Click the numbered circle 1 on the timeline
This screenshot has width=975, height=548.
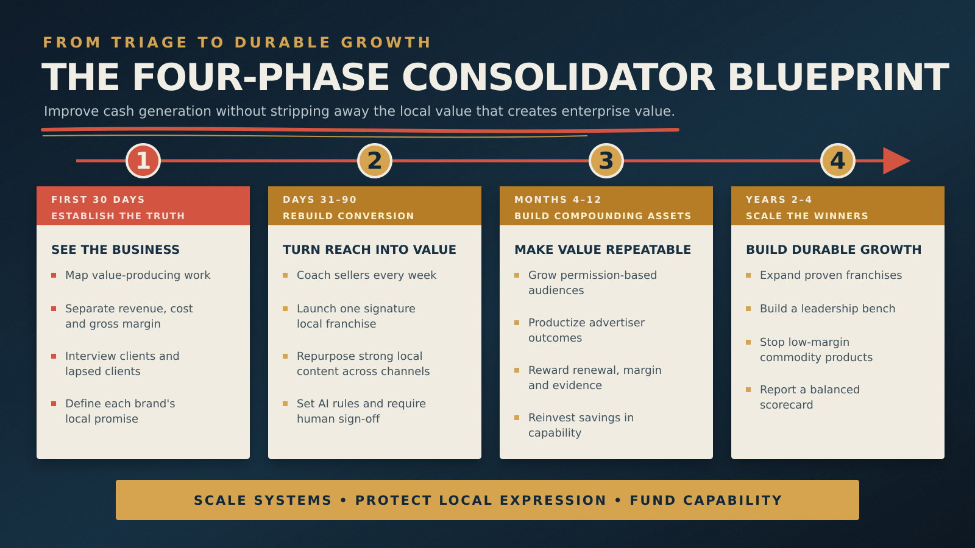143,161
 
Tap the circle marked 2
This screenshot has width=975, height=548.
375,161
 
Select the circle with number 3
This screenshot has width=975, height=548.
606,161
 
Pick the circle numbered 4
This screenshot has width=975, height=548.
838,161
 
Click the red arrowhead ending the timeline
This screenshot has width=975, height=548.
896,161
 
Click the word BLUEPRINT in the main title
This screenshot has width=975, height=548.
838,77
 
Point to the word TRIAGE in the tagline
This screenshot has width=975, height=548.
149,43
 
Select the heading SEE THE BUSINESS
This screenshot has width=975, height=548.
115,250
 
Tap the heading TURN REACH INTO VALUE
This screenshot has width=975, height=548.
369,250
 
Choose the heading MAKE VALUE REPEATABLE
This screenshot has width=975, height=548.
603,250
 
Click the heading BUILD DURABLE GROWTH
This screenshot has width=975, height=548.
834,250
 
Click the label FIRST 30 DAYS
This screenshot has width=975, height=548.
98,200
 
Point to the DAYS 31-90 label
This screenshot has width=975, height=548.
320,200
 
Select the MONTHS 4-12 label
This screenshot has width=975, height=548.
558,200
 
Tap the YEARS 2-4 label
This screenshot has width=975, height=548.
779,200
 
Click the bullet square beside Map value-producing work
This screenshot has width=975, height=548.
54,275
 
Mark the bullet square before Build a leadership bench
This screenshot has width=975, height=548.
748,309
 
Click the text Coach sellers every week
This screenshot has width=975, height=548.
366,275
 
